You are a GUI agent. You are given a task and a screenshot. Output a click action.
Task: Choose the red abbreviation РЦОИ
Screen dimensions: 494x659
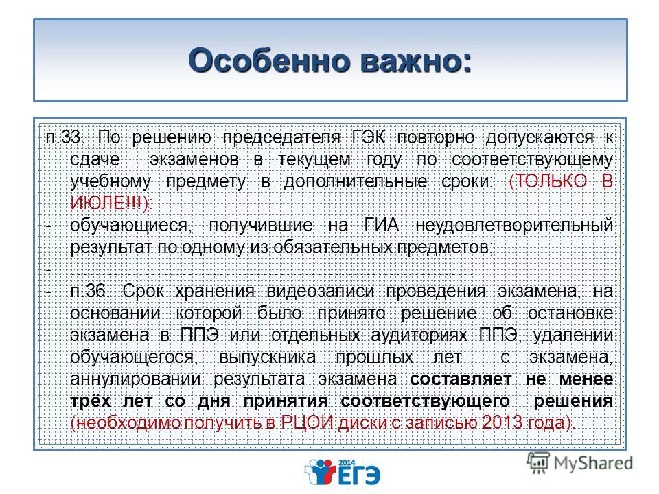[306, 423]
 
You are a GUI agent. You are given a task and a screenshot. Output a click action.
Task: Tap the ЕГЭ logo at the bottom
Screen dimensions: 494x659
[342, 472]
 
